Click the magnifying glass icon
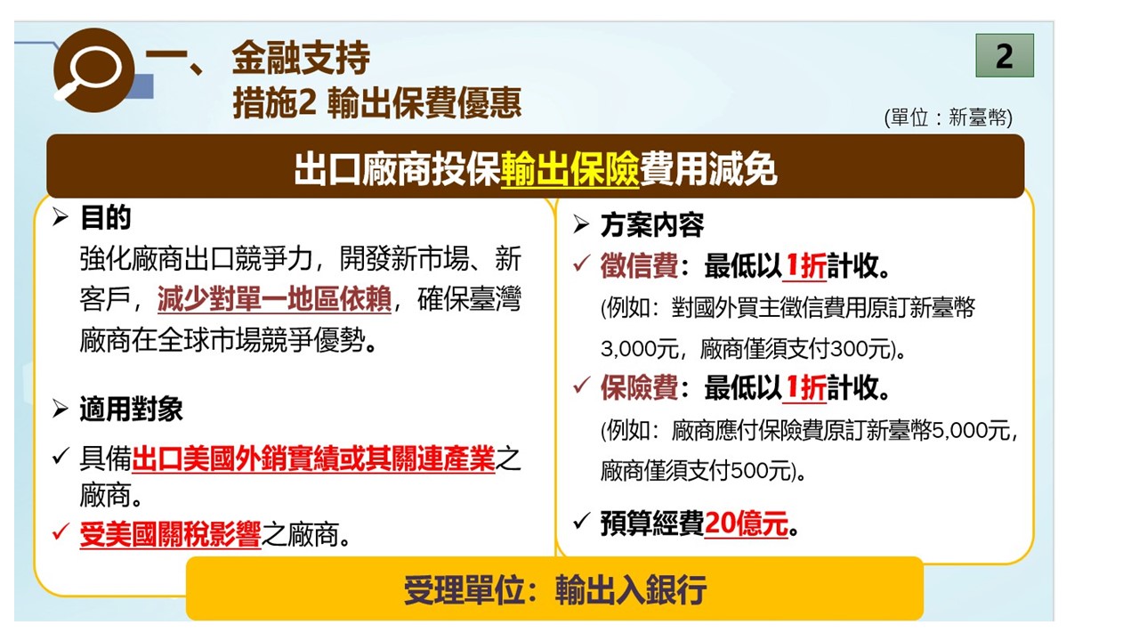pos(93,70)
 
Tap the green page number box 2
pos(1005,55)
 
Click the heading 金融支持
pos(301,57)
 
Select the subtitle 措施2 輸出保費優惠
pos(376,102)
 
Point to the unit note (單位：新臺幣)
pos(949,118)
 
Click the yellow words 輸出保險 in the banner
pos(569,169)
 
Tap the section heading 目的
pos(106,217)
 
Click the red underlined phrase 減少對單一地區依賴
pos(274,298)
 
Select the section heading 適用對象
pos(131,409)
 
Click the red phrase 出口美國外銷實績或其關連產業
pos(313,458)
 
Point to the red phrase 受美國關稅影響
pos(170,534)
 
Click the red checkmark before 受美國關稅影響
pos(61,531)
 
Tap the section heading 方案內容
pos(652,225)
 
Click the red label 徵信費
pos(639,265)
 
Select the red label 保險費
pos(639,387)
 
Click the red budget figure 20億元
pos(747,523)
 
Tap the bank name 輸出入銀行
pos(631,589)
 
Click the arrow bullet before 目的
pos(60,217)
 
